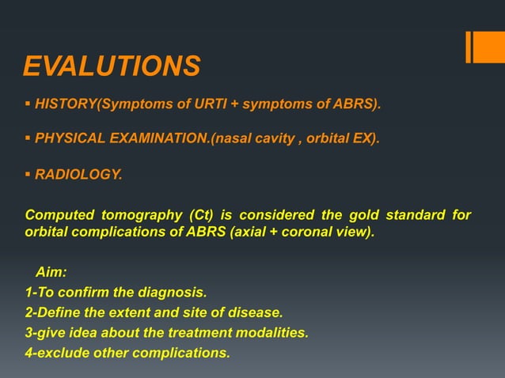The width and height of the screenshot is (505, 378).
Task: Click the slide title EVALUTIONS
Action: [x=111, y=66]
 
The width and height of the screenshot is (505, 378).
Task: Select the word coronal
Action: [x=294, y=233]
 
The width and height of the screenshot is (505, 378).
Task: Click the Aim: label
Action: [x=51, y=273]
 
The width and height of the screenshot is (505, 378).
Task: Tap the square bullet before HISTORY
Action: [x=28, y=104]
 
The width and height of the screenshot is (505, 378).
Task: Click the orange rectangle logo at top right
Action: [x=484, y=47]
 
